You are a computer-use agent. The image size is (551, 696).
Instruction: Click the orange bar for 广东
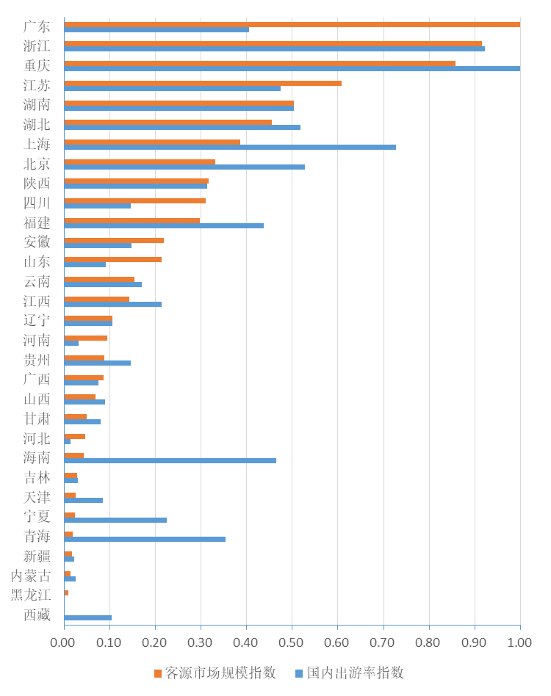pyautogui.click(x=292, y=24)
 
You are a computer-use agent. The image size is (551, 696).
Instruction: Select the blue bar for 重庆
pyautogui.click(x=292, y=68)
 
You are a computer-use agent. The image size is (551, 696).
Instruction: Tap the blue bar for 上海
pyautogui.click(x=230, y=147)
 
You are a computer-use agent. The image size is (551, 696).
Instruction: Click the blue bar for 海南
pyautogui.click(x=170, y=460)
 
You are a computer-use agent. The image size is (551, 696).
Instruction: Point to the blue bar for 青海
pyautogui.click(x=145, y=539)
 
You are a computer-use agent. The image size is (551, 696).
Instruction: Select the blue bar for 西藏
pyautogui.click(x=87, y=617)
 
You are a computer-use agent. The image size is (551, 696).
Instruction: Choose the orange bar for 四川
pyautogui.click(x=134, y=200)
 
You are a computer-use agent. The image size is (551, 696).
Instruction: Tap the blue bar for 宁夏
pyautogui.click(x=115, y=520)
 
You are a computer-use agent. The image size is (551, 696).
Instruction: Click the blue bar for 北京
pyautogui.click(x=184, y=167)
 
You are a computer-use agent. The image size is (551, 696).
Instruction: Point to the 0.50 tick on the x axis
pyautogui.click(x=292, y=642)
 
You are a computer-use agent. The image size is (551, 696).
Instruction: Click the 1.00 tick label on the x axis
pyautogui.click(x=519, y=642)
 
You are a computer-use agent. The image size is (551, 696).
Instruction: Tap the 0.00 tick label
pyautogui.click(x=64, y=642)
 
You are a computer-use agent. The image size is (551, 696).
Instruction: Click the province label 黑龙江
pyautogui.click(x=31, y=595)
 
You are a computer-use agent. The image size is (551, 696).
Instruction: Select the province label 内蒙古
pyautogui.click(x=31, y=576)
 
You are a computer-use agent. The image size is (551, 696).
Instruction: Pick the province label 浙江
pyautogui.click(x=37, y=46)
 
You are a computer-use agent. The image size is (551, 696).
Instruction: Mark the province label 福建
pyautogui.click(x=37, y=222)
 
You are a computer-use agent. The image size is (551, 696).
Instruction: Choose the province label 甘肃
pyautogui.click(x=37, y=418)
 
